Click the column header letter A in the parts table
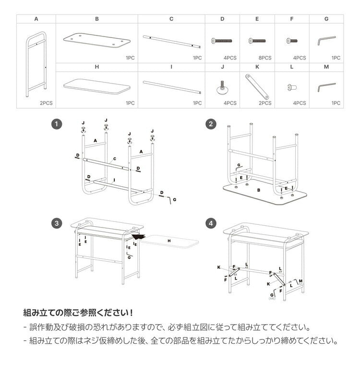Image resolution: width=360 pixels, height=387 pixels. coord(36,19)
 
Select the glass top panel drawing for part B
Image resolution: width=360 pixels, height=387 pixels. coord(97,41)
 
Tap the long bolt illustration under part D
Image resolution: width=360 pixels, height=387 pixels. coord(222,41)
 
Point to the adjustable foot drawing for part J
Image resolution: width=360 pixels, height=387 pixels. coord(222,87)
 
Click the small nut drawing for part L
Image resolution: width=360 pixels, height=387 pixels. coord(291,87)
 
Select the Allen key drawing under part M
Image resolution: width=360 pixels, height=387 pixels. coord(326,87)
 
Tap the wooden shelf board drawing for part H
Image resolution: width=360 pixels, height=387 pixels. coord(97,87)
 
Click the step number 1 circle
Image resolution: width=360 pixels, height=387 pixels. coord(57,124)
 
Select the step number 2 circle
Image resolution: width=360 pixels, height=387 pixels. coord(210,124)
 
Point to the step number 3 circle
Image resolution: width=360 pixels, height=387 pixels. coord(57,223)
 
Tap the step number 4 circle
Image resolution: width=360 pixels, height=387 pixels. coord(210,223)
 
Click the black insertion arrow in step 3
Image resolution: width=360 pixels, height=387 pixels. coord(138,236)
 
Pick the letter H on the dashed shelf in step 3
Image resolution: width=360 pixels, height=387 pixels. coord(169,240)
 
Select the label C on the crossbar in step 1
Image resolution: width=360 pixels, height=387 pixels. coord(115,159)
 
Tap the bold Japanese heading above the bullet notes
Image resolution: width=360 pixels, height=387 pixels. coord(78,313)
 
